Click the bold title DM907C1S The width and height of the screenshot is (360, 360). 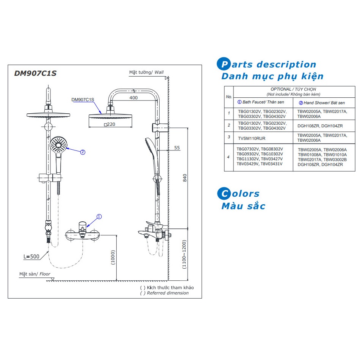click(35, 74)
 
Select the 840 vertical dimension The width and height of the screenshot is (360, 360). click(185, 178)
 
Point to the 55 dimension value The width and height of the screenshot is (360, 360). click(177, 148)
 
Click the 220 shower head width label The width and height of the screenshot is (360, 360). click(109, 124)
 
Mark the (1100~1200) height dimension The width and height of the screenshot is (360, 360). click(184, 255)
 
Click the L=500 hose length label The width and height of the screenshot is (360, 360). click(31, 257)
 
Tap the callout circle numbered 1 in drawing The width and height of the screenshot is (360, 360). click(99, 217)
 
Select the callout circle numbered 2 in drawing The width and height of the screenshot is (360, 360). click(83, 152)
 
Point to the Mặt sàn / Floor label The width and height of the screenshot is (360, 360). click(35, 274)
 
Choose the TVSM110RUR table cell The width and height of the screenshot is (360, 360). click(252, 138)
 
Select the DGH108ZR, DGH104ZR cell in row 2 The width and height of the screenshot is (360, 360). click(320, 125)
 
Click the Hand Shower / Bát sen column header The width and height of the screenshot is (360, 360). click(322, 103)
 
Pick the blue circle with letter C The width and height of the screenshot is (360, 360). click(224, 194)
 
